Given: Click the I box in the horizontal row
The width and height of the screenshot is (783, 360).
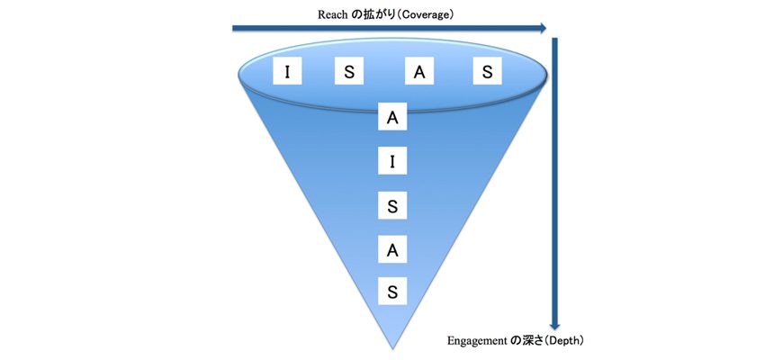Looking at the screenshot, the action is (x=288, y=73).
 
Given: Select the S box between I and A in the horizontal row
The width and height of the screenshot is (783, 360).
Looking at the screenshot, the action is (x=349, y=73).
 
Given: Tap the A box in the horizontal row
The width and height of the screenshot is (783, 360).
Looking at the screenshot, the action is (x=419, y=73).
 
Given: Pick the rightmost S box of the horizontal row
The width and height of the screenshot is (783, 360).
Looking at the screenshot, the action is (x=488, y=73).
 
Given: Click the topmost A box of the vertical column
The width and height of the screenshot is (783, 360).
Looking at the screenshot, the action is (x=392, y=119).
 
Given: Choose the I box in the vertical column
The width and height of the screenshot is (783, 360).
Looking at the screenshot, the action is (x=392, y=162).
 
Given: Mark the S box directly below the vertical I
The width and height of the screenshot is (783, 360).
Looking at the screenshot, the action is (x=392, y=206).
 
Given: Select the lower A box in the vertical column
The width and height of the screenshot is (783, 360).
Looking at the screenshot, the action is (x=392, y=250).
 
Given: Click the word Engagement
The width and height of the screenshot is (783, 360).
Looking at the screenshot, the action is (x=476, y=341).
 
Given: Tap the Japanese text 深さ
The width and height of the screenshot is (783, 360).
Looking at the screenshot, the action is (x=532, y=341).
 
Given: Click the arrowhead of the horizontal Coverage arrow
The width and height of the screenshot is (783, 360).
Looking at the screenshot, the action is (x=542, y=28).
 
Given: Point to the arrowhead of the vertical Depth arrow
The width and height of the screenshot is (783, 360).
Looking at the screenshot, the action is (x=554, y=325).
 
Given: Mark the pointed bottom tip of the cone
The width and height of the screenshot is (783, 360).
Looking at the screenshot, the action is (x=392, y=349).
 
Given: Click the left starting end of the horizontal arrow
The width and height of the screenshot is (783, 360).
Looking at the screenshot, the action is (x=233, y=28).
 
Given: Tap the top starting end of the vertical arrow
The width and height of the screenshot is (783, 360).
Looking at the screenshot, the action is (x=554, y=39).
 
